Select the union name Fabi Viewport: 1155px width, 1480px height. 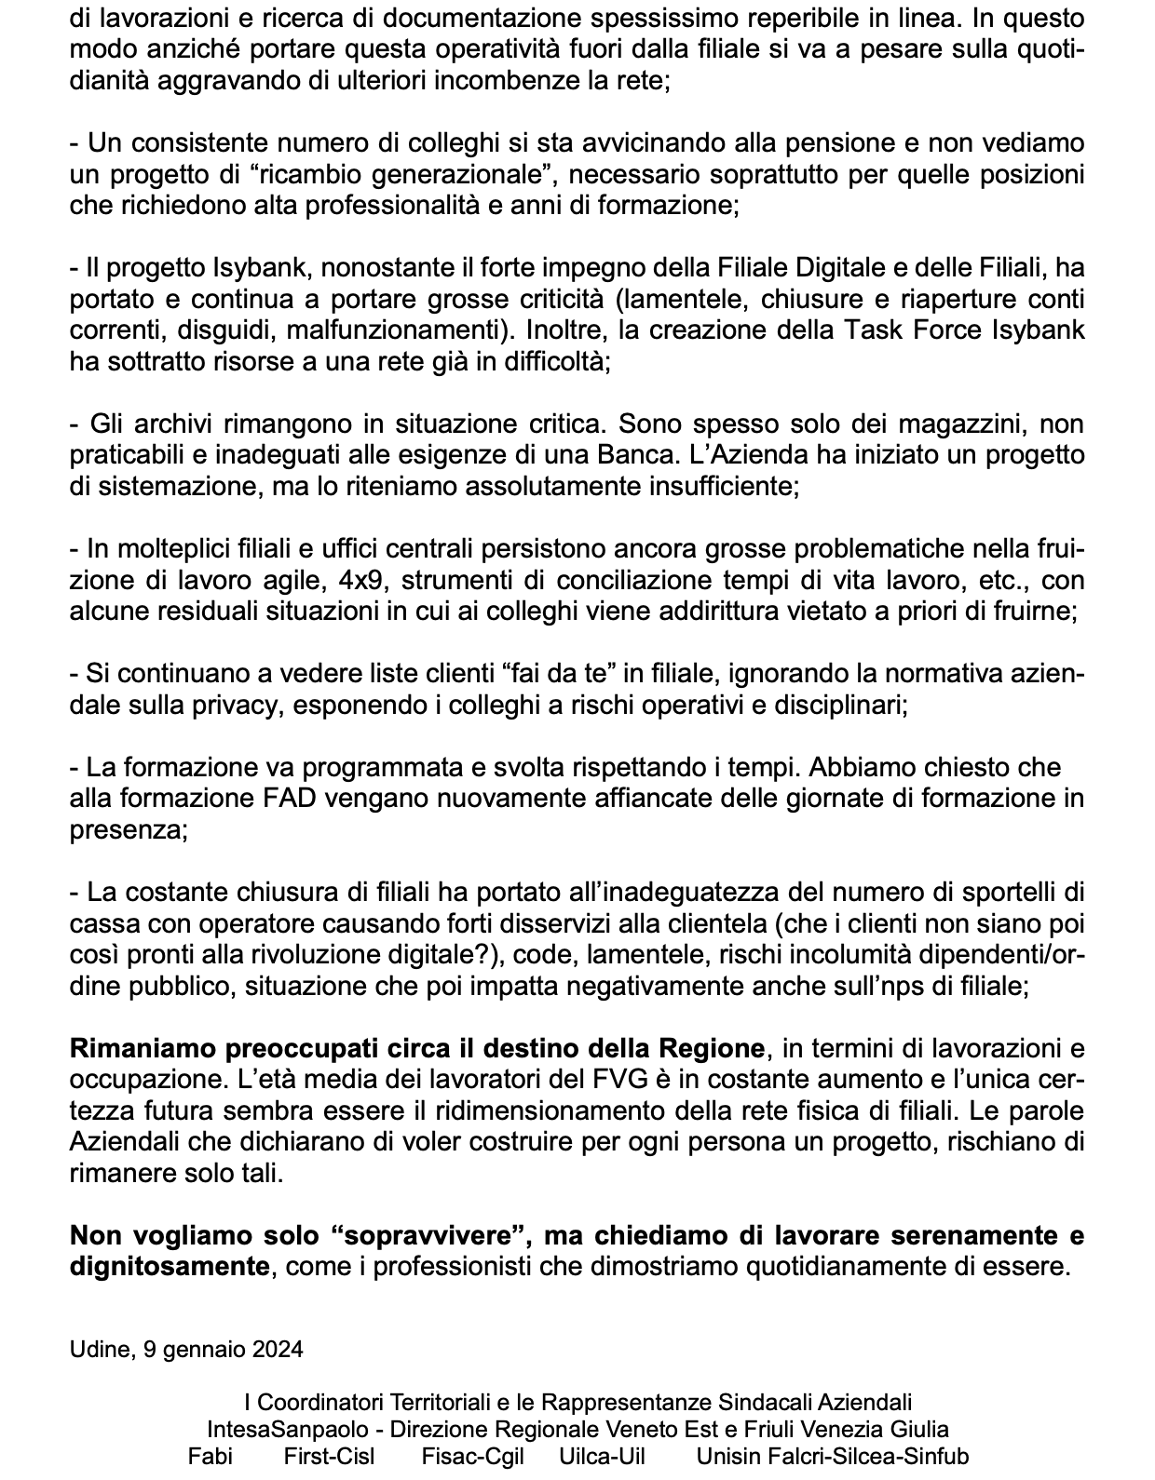pyautogui.click(x=210, y=1457)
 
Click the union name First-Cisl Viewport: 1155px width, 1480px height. pyautogui.click(x=329, y=1457)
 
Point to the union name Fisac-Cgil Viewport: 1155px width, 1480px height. pyautogui.click(x=472, y=1457)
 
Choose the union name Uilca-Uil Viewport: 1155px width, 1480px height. pyautogui.click(x=602, y=1457)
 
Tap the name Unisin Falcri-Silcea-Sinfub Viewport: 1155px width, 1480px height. pyautogui.click(x=833, y=1457)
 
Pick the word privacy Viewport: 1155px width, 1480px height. pyautogui.click(x=243, y=706)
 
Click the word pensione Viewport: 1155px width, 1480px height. pyautogui.click(x=831, y=143)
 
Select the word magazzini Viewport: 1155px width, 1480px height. pyautogui.click(x=958, y=424)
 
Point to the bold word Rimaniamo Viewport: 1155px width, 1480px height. pyautogui.click(x=143, y=1049)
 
